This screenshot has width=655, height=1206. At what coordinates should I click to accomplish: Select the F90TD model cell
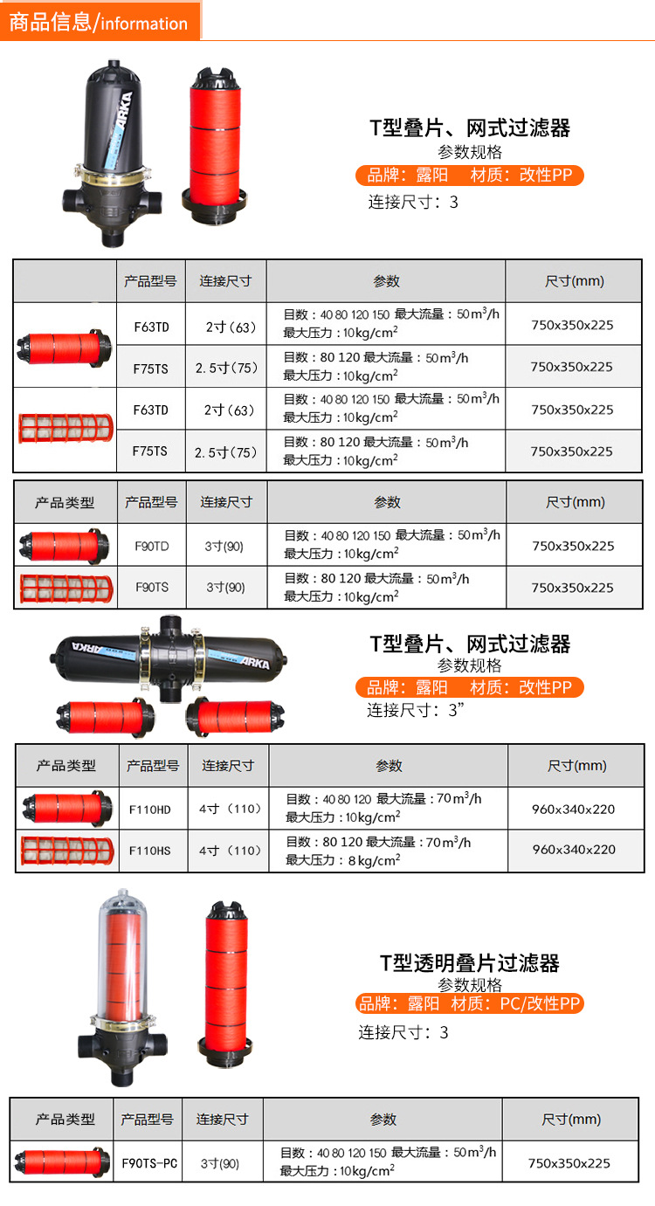point(152,546)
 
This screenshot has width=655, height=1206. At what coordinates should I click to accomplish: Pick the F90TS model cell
point(152,588)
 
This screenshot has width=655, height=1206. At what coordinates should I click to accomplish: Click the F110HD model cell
point(150,810)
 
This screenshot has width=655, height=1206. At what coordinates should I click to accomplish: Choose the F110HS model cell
point(150,851)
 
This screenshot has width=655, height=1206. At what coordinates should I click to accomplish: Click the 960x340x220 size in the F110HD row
point(573,809)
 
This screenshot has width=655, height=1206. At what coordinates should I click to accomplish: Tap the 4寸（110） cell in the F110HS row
point(230,851)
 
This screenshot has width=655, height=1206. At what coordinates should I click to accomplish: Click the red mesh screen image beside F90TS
point(66,588)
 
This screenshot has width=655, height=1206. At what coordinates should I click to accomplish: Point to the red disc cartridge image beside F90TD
point(64,546)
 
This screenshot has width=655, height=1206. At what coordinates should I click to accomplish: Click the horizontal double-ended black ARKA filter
point(169,658)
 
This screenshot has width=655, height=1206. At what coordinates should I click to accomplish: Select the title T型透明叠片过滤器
point(469,962)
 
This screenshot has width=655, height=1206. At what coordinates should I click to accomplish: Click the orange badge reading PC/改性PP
point(469,1003)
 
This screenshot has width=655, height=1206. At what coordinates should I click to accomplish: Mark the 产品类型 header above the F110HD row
point(66,765)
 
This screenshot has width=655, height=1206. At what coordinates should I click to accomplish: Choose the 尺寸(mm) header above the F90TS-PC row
point(570,1120)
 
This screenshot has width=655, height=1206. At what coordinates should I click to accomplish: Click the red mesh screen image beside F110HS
point(67,851)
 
